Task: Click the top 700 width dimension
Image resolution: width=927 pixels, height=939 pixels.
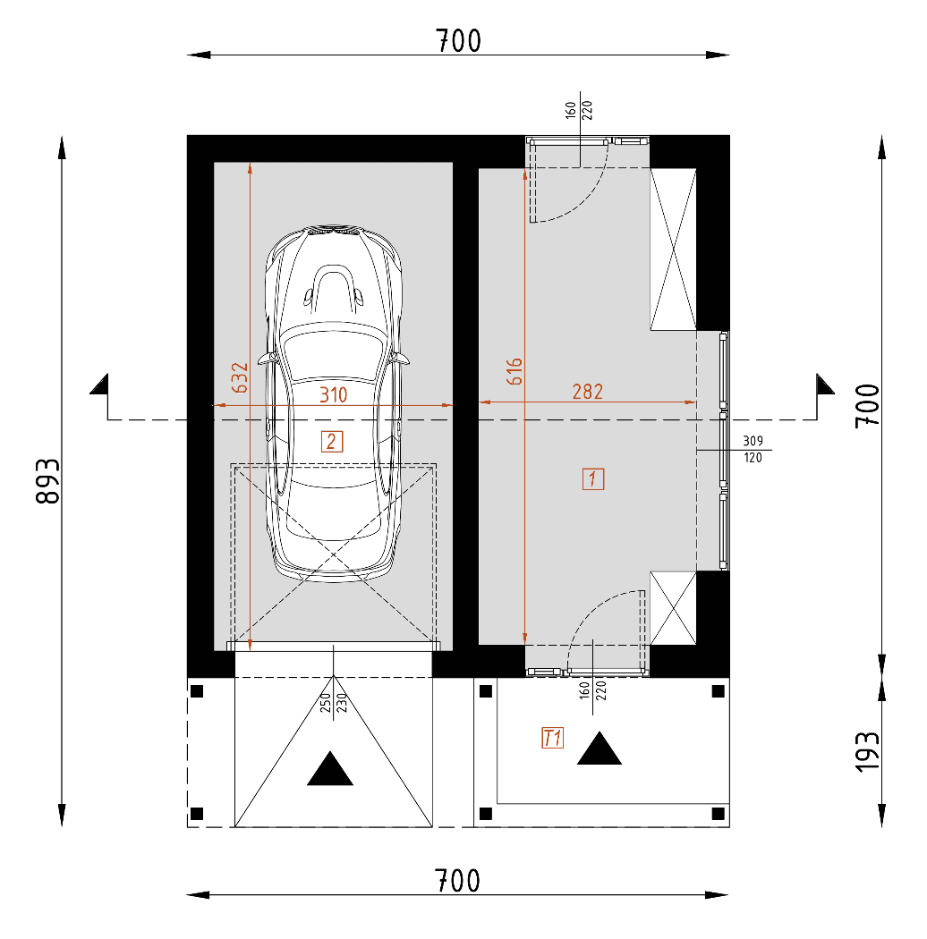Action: pos(458,41)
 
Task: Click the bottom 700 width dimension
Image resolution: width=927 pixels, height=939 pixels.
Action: pos(458,881)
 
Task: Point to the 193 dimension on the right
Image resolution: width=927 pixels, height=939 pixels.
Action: pos(867,751)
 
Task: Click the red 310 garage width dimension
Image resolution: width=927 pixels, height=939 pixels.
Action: pos(332,393)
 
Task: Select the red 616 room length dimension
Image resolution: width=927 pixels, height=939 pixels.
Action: pos(514,372)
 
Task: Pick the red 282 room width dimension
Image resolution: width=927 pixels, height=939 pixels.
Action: pos(587,391)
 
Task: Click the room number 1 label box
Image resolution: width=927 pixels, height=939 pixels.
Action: pos(592,478)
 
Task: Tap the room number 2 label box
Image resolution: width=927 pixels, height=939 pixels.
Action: pos(331,440)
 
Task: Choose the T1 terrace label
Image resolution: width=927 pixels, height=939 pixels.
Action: pos(552,738)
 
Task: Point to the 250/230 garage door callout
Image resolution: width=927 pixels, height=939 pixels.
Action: pos(333,702)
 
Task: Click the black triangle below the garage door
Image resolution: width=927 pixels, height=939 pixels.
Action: pos(330,770)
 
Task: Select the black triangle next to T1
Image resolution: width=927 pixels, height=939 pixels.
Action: pos(599,750)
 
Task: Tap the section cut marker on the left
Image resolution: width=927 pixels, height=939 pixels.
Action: pos(101,385)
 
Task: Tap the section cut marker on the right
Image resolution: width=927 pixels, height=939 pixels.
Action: pos(823,385)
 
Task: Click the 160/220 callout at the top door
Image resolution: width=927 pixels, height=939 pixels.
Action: pos(580,110)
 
